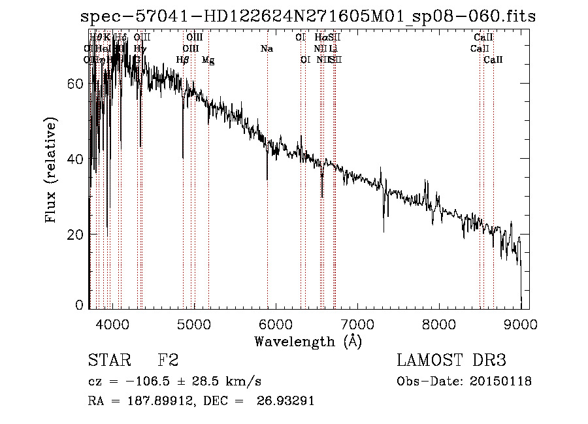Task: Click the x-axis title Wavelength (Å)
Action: click(308, 341)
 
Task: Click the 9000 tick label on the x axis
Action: click(521, 323)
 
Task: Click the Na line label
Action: click(267, 49)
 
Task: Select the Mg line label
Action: click(208, 60)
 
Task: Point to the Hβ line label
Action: click(183, 60)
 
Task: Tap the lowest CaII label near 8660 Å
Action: click(493, 60)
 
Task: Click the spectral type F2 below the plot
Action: click(169, 361)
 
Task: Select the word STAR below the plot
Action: click(108, 361)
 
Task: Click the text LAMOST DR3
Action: click(451, 361)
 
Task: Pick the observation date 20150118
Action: click(505, 382)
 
